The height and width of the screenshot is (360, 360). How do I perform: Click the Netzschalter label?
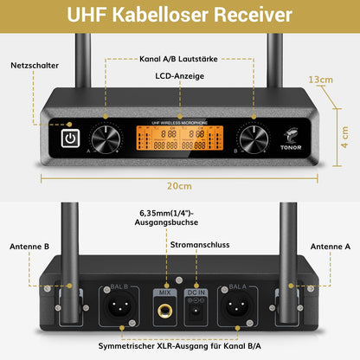pyautogui.click(x=35, y=66)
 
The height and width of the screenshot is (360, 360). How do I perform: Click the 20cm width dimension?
pyautogui.click(x=179, y=185)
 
